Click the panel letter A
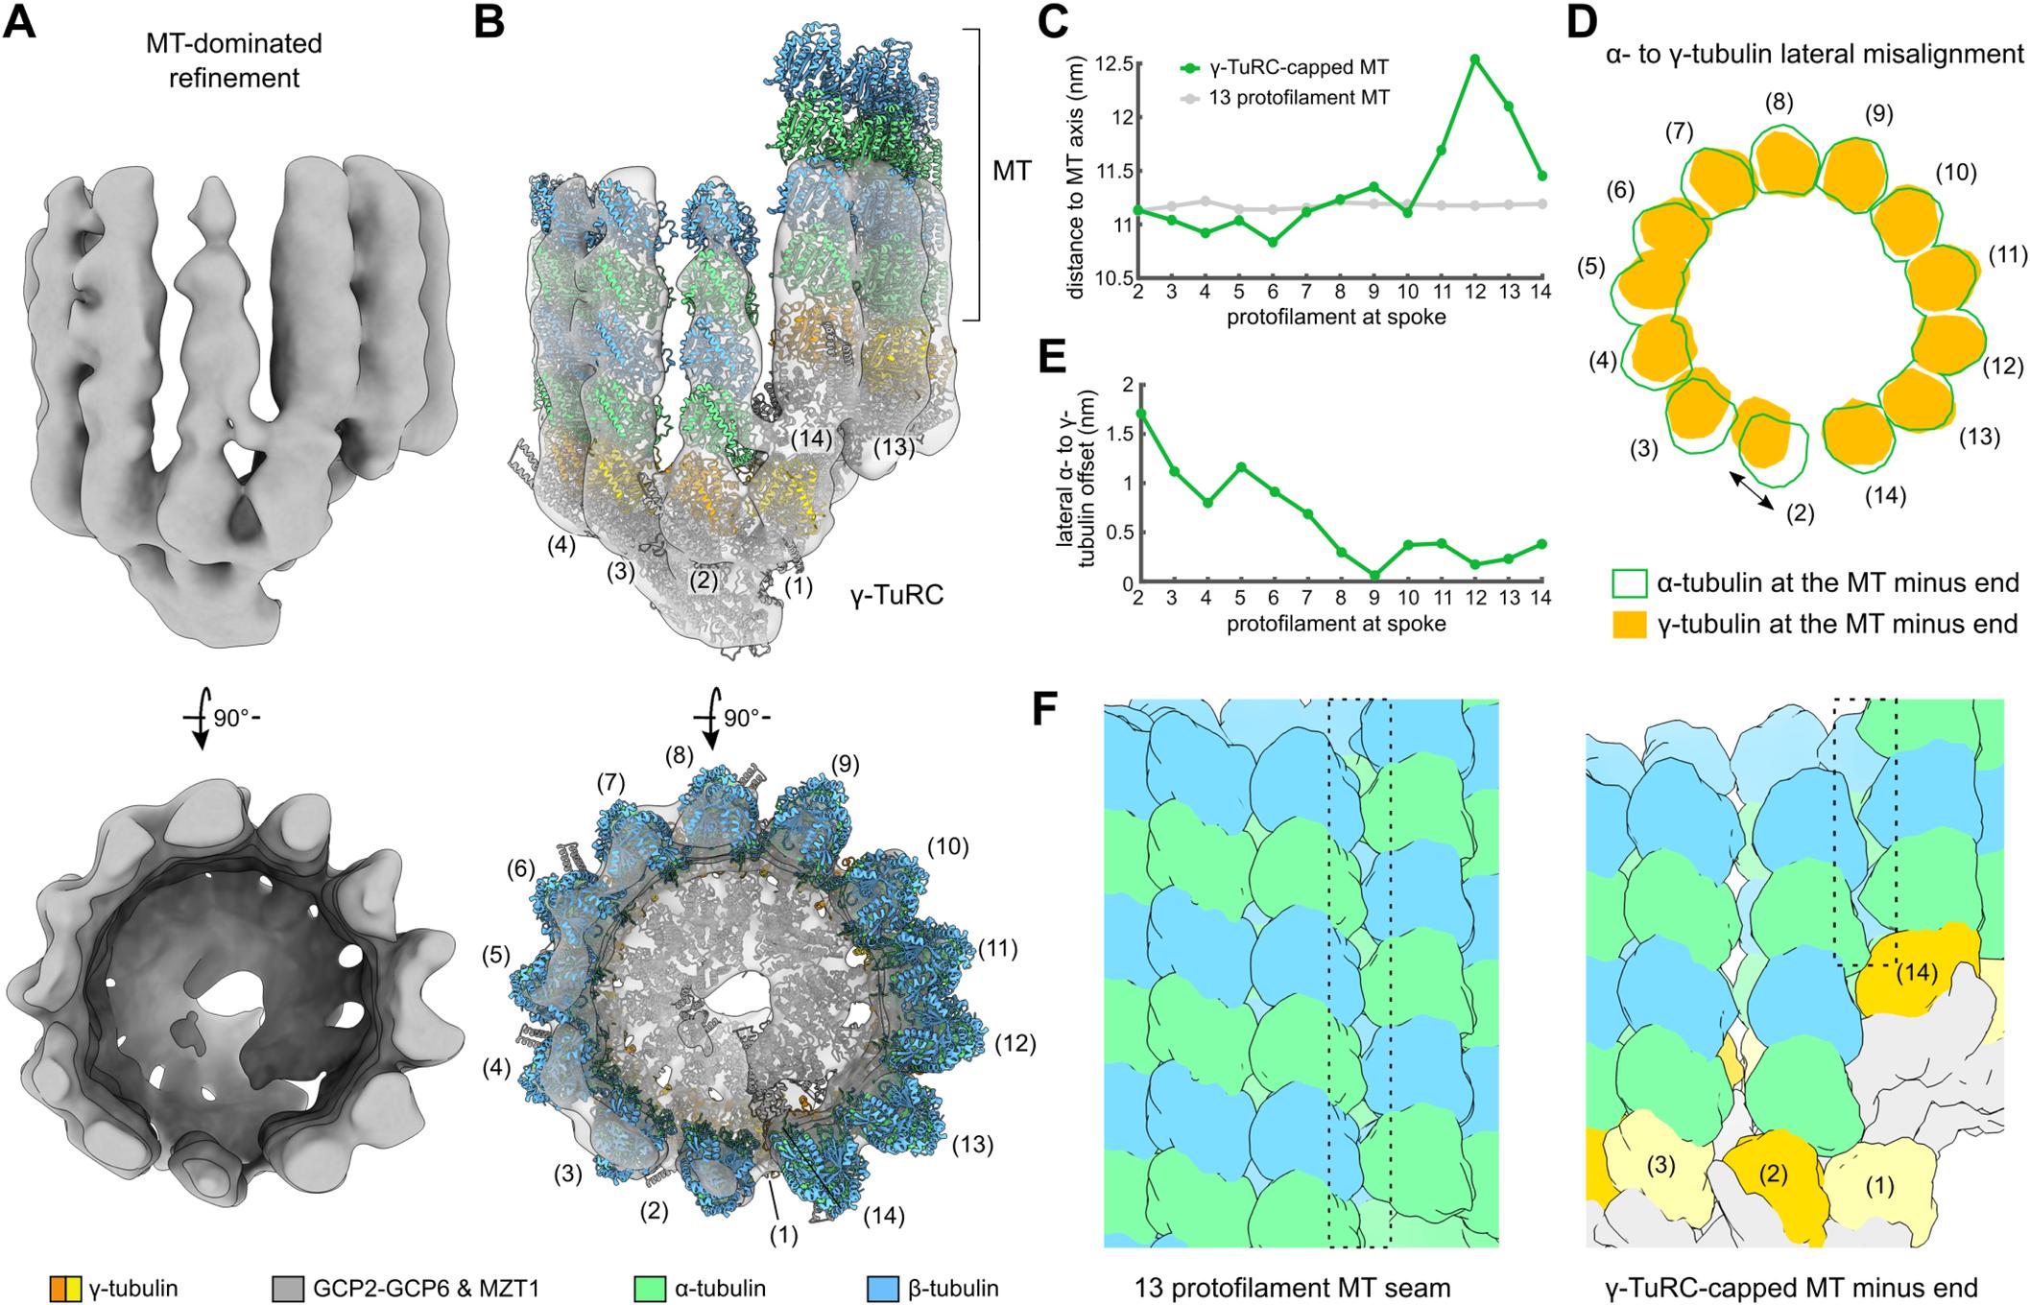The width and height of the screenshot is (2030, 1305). pyautogui.click(x=20, y=21)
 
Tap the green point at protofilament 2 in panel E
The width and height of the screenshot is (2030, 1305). pyautogui.click(x=1138, y=413)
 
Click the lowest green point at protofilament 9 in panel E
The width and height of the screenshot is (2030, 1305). pyautogui.click(x=1375, y=575)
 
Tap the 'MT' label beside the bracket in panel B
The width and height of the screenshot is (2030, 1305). pyautogui.click(x=1012, y=171)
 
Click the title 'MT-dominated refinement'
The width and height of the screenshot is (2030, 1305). pyautogui.click(x=234, y=59)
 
